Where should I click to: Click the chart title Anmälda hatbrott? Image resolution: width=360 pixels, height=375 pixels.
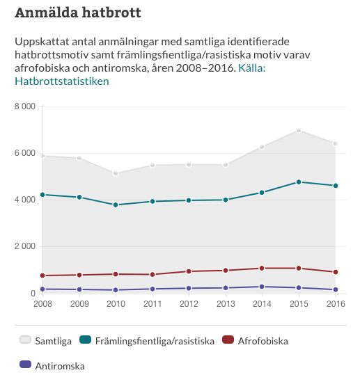pos(78,13)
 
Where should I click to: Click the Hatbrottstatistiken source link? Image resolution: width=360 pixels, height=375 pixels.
pos(62,81)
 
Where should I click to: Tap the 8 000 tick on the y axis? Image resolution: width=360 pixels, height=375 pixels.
pos(25,106)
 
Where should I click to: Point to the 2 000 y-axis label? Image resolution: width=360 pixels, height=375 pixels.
pos(25,246)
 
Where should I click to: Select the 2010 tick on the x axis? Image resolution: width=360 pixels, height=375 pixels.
pos(116,304)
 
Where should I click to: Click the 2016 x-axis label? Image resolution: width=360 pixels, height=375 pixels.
pos(336,304)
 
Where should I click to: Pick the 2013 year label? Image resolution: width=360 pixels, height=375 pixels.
pos(226,304)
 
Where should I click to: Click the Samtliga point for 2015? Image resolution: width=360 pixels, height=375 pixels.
pos(299,130)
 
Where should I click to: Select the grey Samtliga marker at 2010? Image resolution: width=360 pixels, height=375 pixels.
pos(116,173)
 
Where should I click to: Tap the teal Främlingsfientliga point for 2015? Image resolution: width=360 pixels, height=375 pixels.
pos(299,182)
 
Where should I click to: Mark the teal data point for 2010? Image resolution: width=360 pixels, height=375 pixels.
pos(116,205)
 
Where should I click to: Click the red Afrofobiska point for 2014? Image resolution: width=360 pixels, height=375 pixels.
pos(262,268)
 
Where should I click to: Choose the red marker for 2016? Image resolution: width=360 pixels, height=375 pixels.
pos(336,272)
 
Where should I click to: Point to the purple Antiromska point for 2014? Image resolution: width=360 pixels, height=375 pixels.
pos(262,287)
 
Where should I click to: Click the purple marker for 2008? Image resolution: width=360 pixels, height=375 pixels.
pos(42,289)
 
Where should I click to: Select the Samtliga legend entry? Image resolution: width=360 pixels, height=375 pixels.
pos(46,341)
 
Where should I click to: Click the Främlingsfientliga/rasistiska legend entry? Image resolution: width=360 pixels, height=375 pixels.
pos(147,341)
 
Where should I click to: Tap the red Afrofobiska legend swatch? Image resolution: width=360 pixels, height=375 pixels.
pos(228,340)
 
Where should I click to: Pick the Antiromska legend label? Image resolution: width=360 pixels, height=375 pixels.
pos(60,366)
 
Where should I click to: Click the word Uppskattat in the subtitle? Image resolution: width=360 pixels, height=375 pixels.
pos(42,42)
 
